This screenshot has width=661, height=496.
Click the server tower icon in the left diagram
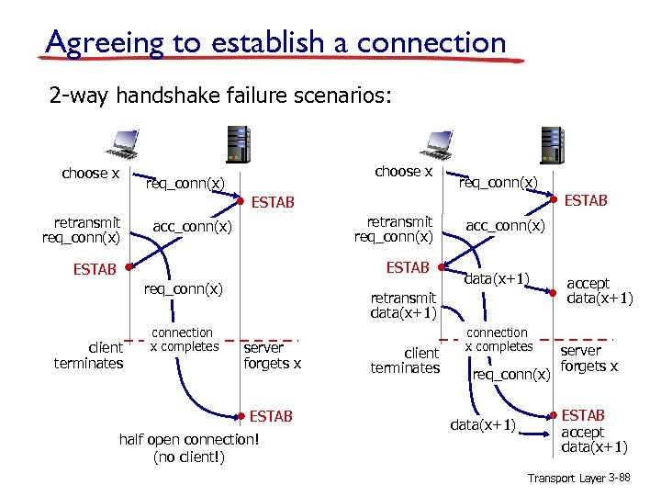coord(239,145)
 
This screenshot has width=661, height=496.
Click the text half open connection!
coord(189,439)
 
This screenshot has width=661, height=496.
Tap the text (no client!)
coord(189,457)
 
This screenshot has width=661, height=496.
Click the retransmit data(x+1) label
coord(402,306)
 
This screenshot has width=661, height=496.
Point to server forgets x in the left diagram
coord(272,355)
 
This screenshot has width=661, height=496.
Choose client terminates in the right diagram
coord(405,360)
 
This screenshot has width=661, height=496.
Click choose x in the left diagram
coord(90,174)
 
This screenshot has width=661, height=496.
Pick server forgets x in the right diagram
coord(588,358)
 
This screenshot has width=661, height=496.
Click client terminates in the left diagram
coord(88,355)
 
